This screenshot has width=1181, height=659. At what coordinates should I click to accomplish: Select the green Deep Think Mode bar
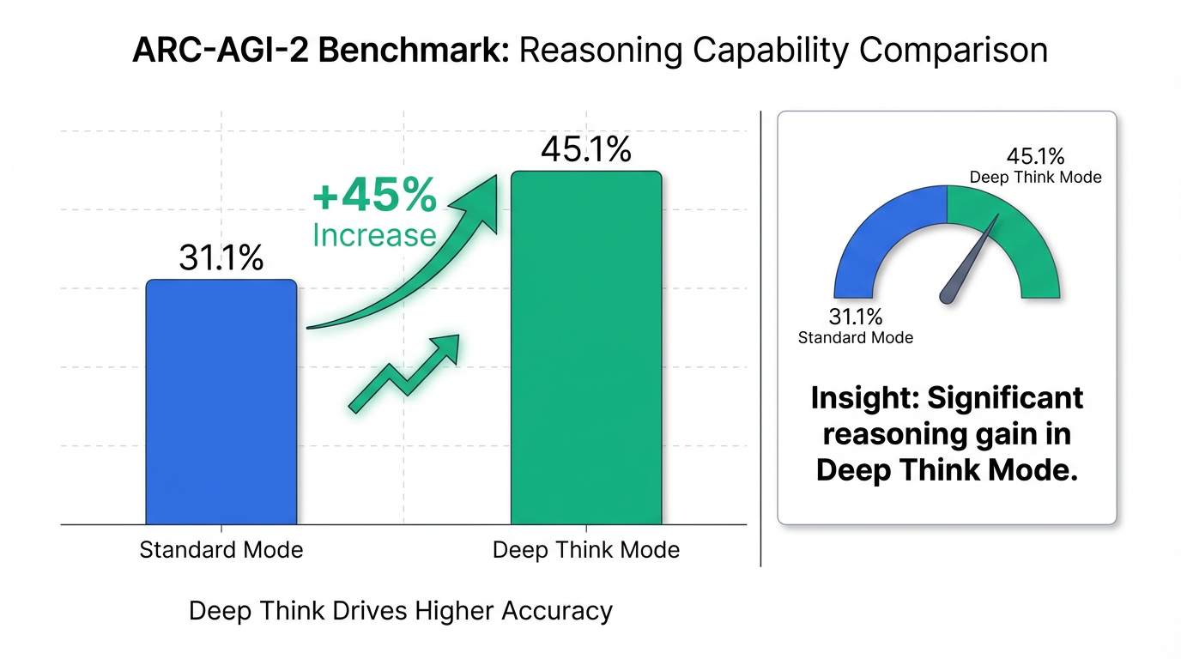[x=586, y=348]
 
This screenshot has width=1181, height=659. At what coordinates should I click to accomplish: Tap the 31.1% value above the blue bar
[x=221, y=257]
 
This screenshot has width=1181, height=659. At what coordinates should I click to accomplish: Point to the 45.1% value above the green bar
[x=586, y=150]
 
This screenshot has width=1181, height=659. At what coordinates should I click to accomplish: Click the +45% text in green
[x=374, y=196]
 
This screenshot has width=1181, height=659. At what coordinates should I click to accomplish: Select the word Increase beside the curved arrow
[x=374, y=234]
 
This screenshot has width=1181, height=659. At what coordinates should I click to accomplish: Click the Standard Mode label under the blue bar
[x=221, y=549]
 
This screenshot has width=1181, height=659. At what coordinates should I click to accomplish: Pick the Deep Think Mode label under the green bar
[x=586, y=549]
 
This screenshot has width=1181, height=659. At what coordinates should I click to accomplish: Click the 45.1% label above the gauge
[x=1035, y=157]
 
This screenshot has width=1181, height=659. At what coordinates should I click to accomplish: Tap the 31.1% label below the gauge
[x=856, y=317]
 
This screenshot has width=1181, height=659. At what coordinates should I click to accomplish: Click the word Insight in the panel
[x=864, y=398]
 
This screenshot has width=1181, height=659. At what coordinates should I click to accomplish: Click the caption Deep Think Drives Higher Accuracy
[x=400, y=611]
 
